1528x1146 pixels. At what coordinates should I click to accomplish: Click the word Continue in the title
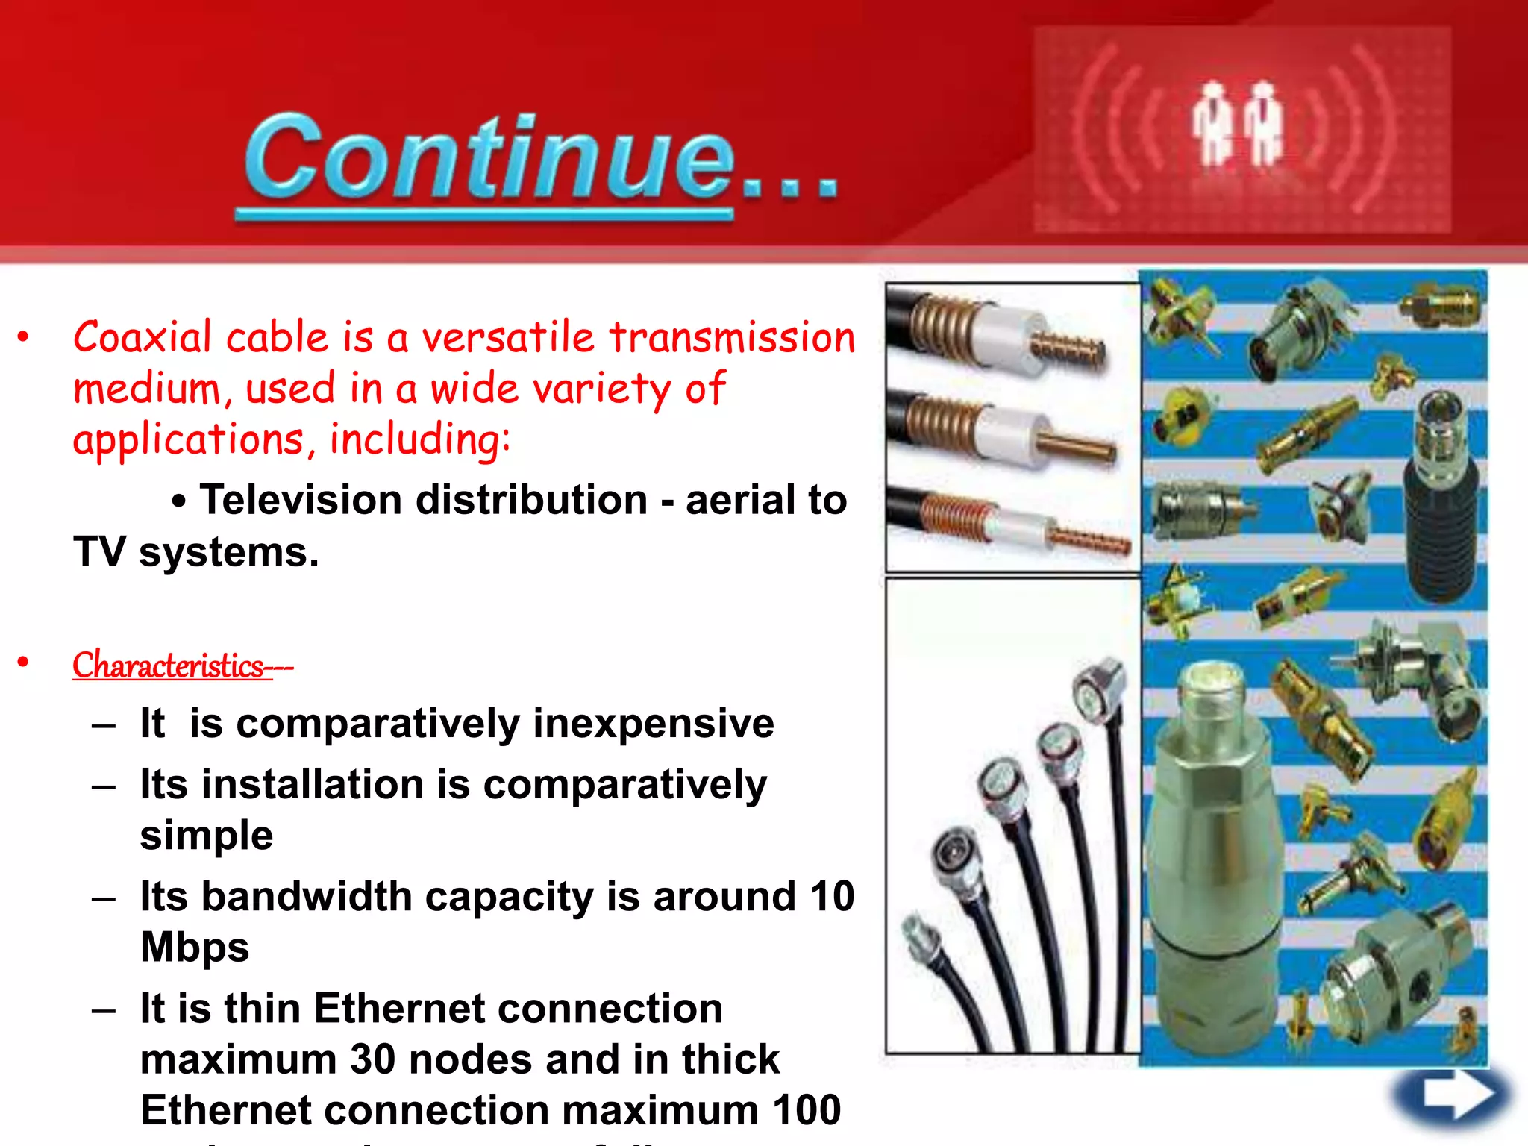pyautogui.click(x=489, y=158)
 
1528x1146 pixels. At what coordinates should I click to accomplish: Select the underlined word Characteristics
pyautogui.click(x=168, y=665)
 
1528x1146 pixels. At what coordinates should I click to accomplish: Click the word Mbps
pyautogui.click(x=195, y=947)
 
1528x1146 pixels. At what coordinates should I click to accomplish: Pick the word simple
pyautogui.click(x=207, y=835)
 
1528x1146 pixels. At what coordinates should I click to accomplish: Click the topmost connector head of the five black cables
pyautogui.click(x=1100, y=681)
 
